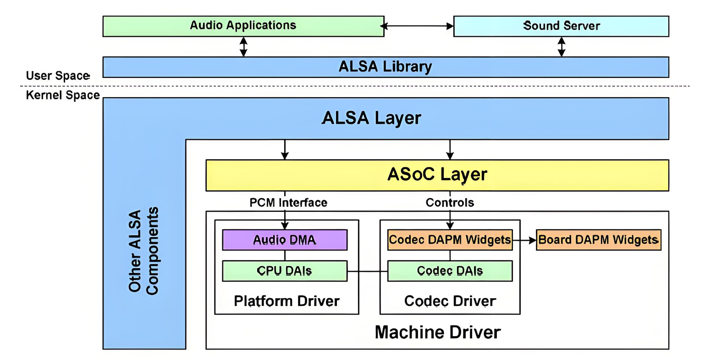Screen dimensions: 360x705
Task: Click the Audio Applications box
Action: click(243, 26)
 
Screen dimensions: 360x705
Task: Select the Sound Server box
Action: click(561, 26)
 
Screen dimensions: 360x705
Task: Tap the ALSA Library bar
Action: click(385, 67)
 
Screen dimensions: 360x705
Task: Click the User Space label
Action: click(58, 76)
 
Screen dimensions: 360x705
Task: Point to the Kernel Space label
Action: click(63, 95)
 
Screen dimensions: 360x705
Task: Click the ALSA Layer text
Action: click(371, 118)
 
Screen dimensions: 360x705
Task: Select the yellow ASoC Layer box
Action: click(437, 175)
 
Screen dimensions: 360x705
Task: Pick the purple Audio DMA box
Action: click(285, 240)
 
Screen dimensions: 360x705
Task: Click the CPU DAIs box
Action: click(285, 271)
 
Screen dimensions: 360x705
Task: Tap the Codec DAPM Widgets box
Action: click(450, 240)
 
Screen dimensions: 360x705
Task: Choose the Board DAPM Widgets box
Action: click(598, 240)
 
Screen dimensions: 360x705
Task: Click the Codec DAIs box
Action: click(450, 271)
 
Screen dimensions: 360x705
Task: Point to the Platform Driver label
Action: click(286, 301)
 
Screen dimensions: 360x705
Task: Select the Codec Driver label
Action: click(450, 301)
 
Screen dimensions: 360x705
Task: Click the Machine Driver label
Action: click(437, 332)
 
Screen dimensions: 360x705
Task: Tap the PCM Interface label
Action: click(288, 203)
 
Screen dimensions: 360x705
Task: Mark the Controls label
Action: click(450, 203)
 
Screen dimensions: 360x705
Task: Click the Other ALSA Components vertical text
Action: click(143, 251)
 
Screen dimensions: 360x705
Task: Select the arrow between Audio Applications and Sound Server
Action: click(419, 26)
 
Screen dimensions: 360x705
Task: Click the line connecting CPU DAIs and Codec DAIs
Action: click(367, 271)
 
